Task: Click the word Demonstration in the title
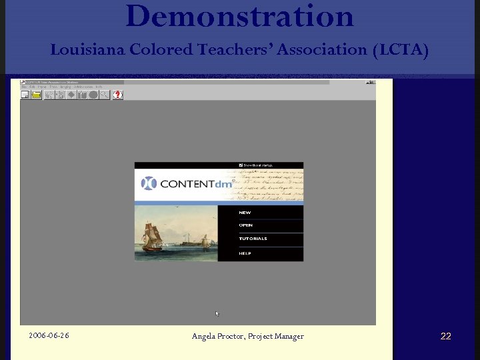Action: click(x=239, y=16)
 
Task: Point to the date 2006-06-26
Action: click(x=49, y=335)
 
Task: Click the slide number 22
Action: click(x=445, y=336)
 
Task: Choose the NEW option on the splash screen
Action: click(x=245, y=213)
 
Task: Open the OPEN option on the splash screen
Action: click(x=245, y=225)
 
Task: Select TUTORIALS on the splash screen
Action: click(x=253, y=239)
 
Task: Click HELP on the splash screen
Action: click(x=245, y=253)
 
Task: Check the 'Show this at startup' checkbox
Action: click(x=241, y=165)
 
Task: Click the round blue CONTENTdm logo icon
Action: click(x=149, y=183)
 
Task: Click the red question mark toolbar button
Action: click(x=117, y=95)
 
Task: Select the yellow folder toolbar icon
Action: click(x=36, y=95)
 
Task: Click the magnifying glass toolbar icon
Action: click(x=103, y=95)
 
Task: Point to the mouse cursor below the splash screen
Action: click(x=217, y=313)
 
